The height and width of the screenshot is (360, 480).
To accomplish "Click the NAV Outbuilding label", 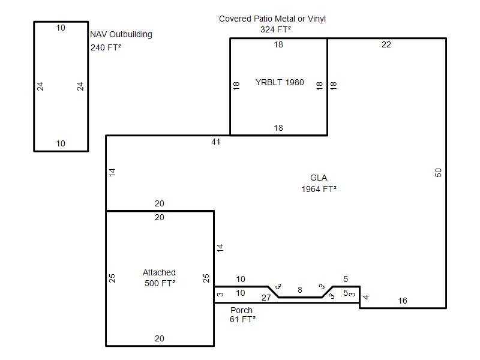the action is (121, 35).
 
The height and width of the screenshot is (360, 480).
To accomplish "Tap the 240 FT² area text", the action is (106, 47).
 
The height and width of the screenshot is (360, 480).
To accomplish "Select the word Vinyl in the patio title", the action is (317, 19).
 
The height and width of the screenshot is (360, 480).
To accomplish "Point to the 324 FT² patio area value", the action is (275, 29).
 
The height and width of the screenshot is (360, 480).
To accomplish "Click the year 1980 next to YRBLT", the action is (295, 82).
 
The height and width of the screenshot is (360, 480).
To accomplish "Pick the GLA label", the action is (319, 178).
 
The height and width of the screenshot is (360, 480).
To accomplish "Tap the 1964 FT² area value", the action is (319, 189).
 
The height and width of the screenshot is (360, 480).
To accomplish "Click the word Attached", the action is (159, 272).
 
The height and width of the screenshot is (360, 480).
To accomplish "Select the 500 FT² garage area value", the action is (160, 283).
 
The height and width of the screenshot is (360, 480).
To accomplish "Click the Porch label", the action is (242, 310).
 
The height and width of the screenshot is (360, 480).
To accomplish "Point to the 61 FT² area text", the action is (242, 319).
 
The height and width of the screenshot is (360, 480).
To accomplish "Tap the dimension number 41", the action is (216, 142).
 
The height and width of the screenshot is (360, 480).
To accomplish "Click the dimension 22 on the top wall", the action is (386, 44).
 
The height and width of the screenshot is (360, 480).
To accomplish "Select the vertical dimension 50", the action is (439, 173).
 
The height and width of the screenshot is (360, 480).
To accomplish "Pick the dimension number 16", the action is (403, 301).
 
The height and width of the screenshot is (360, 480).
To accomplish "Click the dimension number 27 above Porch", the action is (266, 298).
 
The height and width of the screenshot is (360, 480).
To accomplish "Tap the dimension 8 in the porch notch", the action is (300, 290).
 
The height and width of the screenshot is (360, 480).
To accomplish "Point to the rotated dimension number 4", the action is (366, 297).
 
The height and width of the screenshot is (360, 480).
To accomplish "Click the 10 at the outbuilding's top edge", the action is (61, 28).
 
